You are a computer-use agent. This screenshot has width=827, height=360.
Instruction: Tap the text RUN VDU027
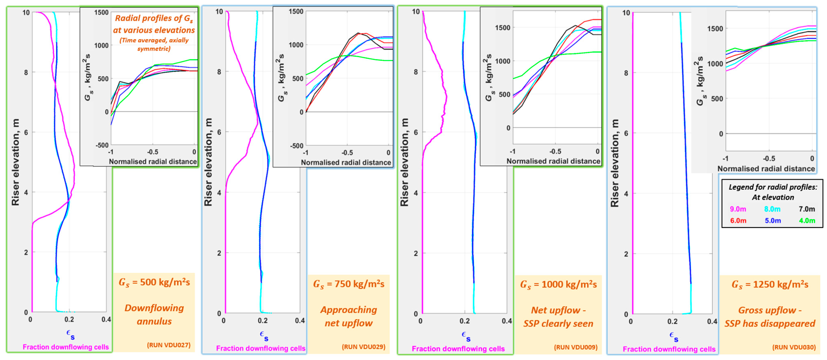tap(169, 345)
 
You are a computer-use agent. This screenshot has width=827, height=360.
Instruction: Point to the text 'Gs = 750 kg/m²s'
tap(349, 284)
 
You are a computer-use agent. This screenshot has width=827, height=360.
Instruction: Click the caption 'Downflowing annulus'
tap(154, 314)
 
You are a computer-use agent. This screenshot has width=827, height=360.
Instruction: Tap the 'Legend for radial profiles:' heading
tap(772, 187)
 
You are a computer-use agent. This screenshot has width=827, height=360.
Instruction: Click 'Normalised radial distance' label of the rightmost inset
tap(766, 169)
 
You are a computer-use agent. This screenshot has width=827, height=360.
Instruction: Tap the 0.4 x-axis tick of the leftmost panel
tap(106, 319)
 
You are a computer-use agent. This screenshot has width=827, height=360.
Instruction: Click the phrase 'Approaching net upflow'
tap(349, 316)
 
